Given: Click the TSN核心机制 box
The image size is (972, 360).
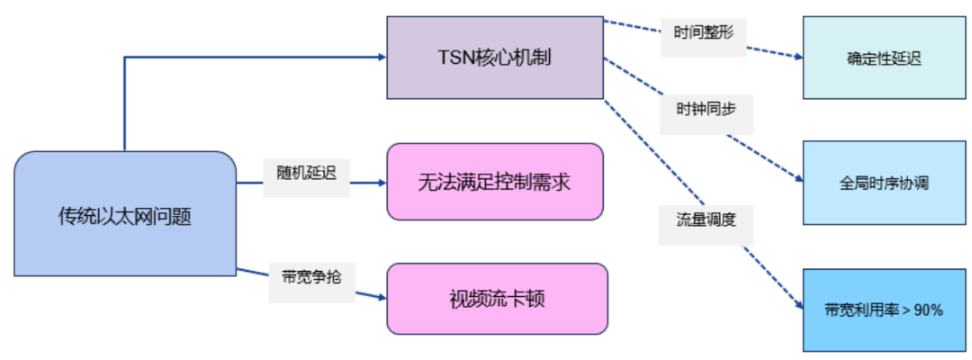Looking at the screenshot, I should point(495,58).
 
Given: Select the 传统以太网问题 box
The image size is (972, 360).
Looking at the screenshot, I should point(125,214).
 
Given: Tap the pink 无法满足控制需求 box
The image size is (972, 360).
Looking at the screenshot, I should point(495,182).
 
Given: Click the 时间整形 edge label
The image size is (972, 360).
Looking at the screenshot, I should point(704,35).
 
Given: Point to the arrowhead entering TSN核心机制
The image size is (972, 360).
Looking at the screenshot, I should point(381,58).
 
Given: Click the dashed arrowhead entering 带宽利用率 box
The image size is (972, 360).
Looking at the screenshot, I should point(797,307).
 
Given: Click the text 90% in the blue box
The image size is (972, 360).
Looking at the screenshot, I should point(928,310).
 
